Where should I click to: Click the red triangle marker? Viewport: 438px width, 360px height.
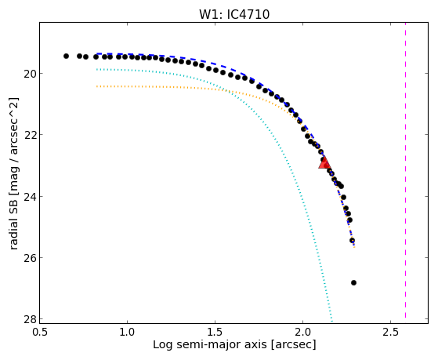point(324,163)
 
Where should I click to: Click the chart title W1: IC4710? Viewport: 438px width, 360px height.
point(234,15)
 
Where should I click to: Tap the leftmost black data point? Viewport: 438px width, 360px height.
point(66,56)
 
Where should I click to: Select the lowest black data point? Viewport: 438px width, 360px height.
point(353,283)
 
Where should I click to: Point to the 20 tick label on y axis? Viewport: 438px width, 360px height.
point(29,74)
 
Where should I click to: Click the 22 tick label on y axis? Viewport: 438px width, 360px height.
point(29,135)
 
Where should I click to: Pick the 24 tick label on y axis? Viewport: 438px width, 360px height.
point(29,196)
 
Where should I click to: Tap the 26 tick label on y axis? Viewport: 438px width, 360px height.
point(29,257)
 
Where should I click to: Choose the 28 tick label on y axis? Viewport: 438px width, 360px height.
point(29,319)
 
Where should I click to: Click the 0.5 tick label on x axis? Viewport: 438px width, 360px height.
point(40,332)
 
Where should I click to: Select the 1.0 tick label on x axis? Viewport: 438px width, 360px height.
point(128,332)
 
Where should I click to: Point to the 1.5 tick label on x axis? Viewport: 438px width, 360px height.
point(215,332)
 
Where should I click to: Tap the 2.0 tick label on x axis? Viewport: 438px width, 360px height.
point(303,332)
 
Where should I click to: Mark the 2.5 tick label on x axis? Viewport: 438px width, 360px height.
point(391,332)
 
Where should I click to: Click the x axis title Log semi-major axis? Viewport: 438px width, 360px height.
point(210,345)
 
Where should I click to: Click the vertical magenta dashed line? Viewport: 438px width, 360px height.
point(405,171)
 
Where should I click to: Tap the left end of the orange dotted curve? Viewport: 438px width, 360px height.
point(96,86)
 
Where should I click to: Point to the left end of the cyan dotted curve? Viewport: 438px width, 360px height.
point(96,69)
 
